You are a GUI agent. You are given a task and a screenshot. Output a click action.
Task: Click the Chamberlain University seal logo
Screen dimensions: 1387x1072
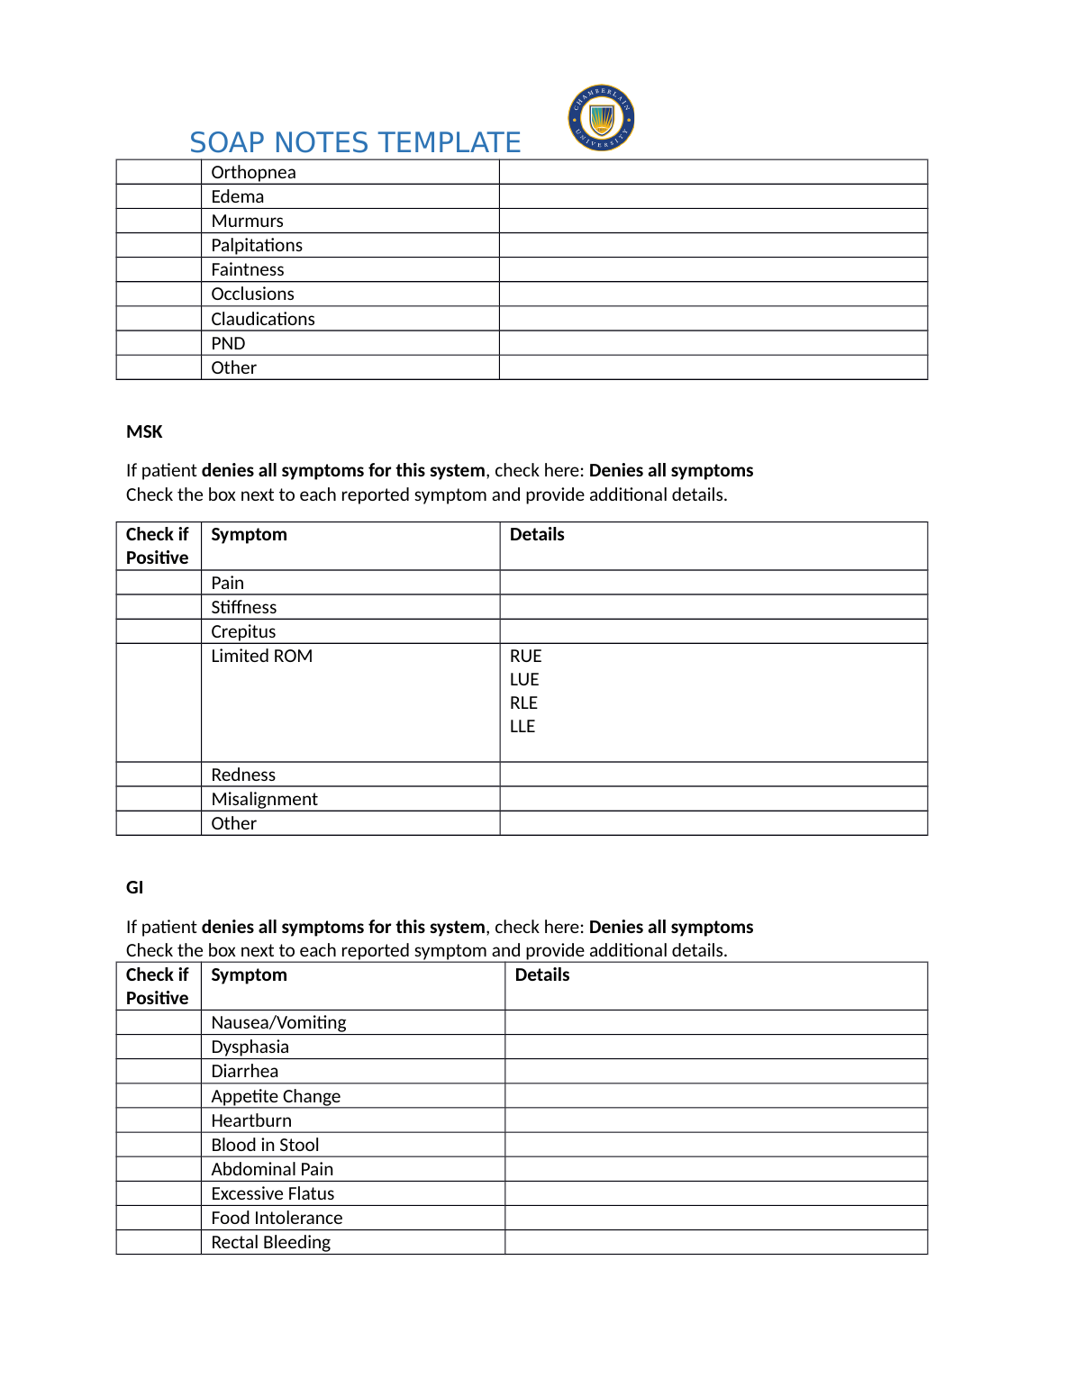click(601, 118)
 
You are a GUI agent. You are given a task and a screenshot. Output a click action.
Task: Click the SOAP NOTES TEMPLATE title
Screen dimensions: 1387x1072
click(355, 142)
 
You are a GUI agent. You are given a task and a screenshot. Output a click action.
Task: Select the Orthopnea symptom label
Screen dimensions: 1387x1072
click(253, 172)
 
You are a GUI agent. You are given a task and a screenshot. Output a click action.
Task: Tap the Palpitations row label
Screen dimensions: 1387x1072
click(257, 245)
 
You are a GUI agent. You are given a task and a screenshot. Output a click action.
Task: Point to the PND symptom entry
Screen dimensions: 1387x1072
click(228, 343)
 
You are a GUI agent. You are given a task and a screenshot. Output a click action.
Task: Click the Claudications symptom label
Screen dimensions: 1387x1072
click(263, 319)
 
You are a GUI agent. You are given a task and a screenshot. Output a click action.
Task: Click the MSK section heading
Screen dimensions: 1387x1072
click(144, 431)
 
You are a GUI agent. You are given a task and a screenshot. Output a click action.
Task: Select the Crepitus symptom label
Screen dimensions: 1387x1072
click(243, 631)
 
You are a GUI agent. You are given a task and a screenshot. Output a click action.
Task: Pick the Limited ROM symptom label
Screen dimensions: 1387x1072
click(261, 656)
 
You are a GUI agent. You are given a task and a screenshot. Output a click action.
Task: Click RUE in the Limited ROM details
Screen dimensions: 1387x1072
click(526, 656)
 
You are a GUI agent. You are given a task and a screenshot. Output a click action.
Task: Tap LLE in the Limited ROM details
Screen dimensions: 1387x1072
click(522, 726)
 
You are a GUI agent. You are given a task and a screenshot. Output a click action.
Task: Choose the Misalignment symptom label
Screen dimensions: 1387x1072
click(264, 799)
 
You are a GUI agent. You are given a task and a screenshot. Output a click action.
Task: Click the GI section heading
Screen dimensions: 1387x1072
click(134, 887)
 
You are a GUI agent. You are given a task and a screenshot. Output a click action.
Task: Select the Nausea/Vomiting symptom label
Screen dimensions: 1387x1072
click(278, 1022)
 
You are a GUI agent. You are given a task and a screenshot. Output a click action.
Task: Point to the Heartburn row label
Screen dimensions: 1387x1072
click(251, 1120)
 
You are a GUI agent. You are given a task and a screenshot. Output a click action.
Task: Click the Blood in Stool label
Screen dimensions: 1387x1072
click(265, 1145)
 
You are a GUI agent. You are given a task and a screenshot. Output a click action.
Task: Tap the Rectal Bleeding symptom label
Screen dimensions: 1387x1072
click(270, 1242)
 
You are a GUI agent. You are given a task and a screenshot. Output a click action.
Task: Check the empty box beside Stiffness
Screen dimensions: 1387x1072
click(159, 607)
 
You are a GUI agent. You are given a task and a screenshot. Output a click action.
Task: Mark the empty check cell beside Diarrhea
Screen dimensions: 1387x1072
click(159, 1071)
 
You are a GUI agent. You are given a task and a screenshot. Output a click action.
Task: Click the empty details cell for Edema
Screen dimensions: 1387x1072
click(713, 196)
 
